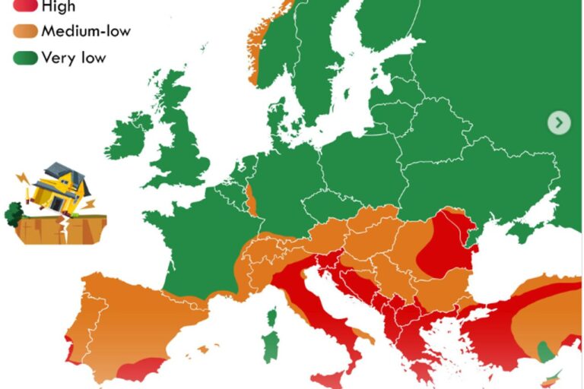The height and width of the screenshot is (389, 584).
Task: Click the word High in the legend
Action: (59, 7)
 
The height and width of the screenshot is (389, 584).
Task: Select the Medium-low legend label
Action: (86, 31)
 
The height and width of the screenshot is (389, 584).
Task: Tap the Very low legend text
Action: (74, 57)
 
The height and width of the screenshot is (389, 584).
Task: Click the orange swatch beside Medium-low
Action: (26, 32)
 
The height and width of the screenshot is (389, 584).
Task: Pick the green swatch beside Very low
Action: (26, 58)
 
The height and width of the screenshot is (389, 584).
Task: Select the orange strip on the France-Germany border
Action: (252, 200)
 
